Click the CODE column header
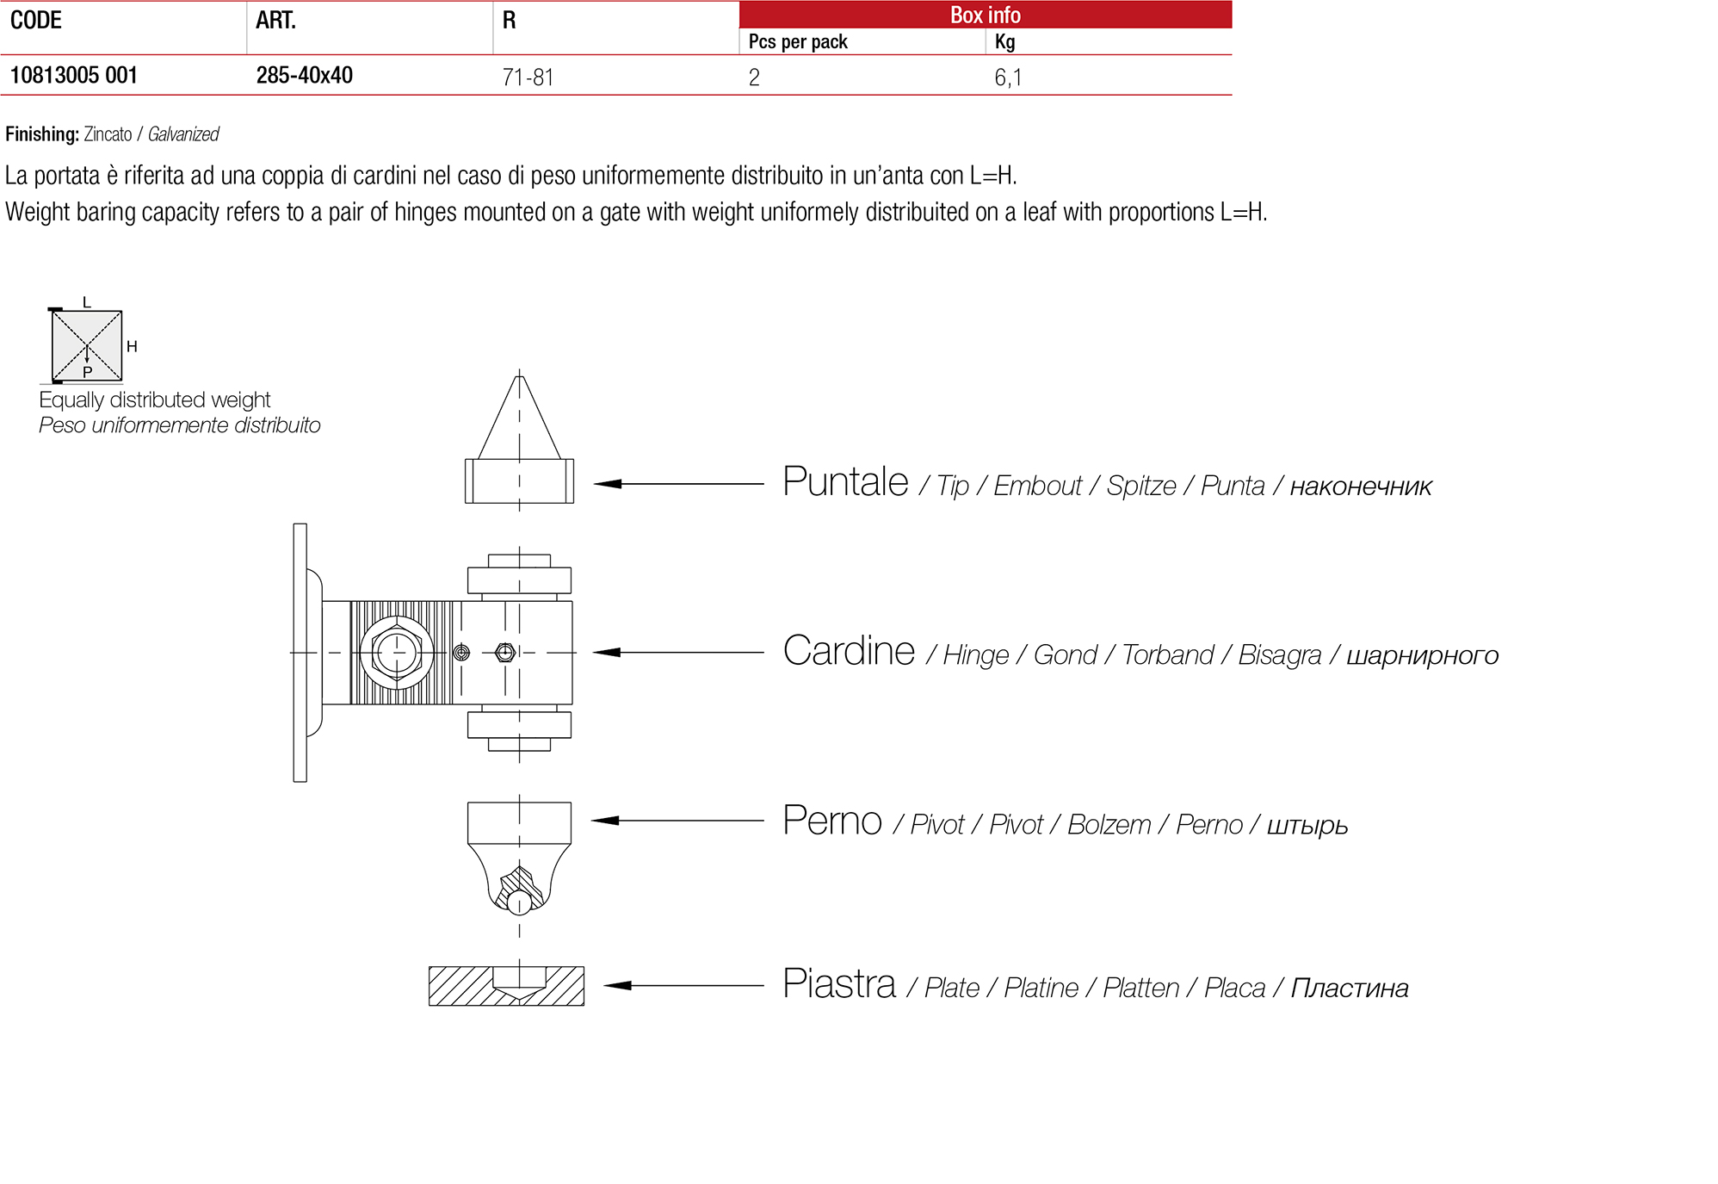tap(36, 21)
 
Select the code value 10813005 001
tap(74, 76)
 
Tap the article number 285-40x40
tap(304, 76)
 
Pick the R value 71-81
tap(528, 77)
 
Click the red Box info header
tap(985, 15)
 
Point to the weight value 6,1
tap(1008, 77)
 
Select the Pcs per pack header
tap(798, 41)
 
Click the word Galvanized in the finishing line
tap(183, 134)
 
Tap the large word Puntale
tap(845, 482)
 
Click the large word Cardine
tap(849, 651)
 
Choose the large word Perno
tap(832, 821)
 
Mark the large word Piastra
tap(839, 984)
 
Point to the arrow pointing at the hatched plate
tap(683, 985)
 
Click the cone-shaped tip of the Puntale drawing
tap(519, 418)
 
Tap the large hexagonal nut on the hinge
tap(396, 653)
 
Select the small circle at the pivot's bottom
tap(519, 902)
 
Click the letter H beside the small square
tap(132, 346)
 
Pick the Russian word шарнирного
tap(1422, 655)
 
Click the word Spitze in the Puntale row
tap(1140, 486)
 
